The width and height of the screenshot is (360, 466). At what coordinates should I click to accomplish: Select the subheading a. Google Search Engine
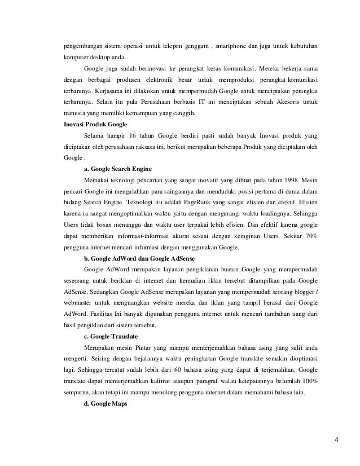(119, 169)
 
